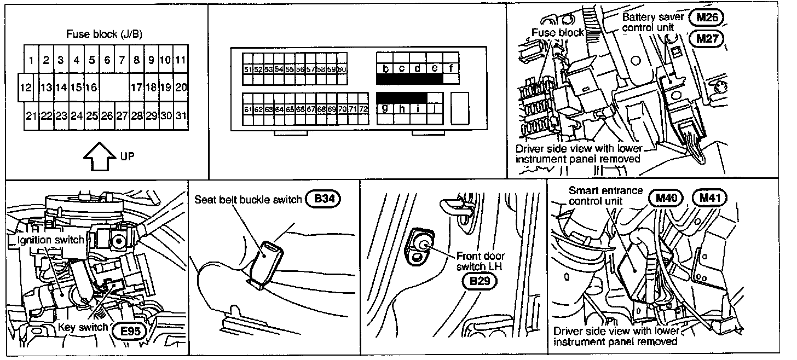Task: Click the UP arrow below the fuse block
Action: point(100,155)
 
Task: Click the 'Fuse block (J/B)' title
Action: point(104,34)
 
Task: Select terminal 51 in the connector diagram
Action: point(247,69)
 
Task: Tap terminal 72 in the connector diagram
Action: point(363,109)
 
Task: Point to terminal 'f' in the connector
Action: point(451,68)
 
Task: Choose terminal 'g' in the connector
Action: point(385,108)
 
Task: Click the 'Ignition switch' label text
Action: point(47,240)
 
